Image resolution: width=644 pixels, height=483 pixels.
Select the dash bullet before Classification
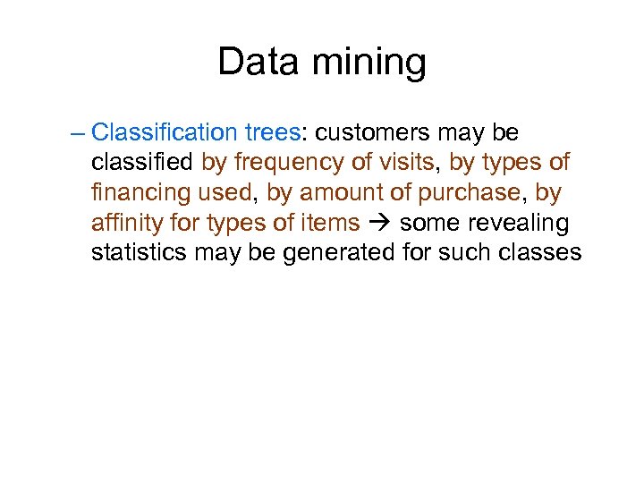click(76, 133)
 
